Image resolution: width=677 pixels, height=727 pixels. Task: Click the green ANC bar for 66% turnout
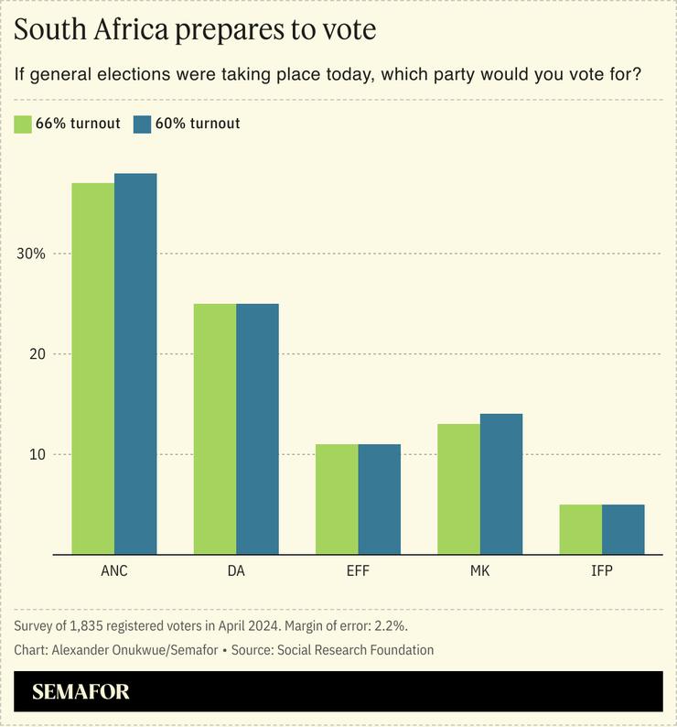(92, 368)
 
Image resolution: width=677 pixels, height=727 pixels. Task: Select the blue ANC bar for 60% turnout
(135, 363)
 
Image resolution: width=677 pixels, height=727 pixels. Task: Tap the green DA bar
(214, 429)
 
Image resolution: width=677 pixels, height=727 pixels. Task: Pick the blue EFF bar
(379, 499)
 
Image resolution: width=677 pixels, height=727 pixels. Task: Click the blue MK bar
(501, 483)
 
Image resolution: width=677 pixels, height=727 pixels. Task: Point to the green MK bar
(458, 489)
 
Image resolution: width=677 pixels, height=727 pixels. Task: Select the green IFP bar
(580, 529)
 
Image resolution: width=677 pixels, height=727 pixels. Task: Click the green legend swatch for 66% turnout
(24, 124)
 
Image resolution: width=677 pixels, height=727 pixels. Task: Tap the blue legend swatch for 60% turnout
(142, 124)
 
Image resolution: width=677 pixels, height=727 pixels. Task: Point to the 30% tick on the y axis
(32, 254)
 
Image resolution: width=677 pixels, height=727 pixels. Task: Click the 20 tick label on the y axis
(36, 354)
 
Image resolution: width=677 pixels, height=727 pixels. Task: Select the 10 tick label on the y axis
(36, 454)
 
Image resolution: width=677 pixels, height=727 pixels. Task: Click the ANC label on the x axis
(114, 571)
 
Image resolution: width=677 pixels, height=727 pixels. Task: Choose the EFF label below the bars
(358, 571)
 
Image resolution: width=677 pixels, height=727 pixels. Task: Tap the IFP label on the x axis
(601, 571)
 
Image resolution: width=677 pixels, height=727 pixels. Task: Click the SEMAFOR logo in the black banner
(81, 691)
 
